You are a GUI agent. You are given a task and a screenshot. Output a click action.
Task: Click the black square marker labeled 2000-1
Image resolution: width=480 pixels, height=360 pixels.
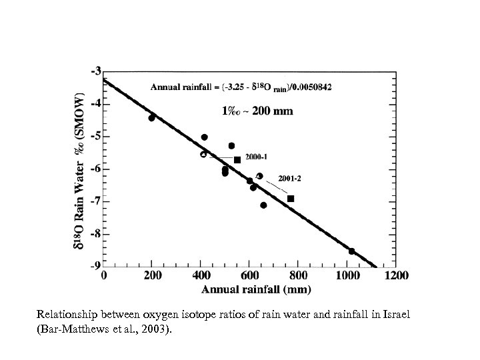click(x=237, y=160)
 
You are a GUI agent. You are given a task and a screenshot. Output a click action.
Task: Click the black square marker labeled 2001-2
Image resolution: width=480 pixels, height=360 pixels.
click(x=291, y=199)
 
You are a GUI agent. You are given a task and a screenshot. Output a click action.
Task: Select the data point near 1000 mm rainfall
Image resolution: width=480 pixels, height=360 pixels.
click(x=351, y=251)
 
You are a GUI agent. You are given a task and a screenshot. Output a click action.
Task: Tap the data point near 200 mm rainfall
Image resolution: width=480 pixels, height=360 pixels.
click(x=152, y=117)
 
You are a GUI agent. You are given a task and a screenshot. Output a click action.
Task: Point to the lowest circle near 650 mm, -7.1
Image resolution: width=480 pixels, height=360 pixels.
click(x=263, y=205)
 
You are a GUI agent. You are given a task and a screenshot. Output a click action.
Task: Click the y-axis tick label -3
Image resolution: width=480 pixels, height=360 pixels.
click(x=96, y=71)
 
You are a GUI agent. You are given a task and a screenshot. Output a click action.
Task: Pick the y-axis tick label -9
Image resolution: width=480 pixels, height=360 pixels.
click(x=96, y=266)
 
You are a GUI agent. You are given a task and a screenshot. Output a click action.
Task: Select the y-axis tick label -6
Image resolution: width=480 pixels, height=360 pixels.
click(x=96, y=169)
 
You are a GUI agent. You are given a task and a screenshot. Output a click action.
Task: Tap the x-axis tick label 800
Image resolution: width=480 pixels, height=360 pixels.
click(x=298, y=275)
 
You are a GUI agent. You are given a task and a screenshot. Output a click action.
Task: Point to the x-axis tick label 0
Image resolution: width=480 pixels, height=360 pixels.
click(x=103, y=275)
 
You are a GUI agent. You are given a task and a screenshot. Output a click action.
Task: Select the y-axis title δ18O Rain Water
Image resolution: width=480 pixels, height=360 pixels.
click(x=78, y=193)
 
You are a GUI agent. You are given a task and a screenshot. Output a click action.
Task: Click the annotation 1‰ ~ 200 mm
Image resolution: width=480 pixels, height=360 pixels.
click(x=257, y=111)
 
